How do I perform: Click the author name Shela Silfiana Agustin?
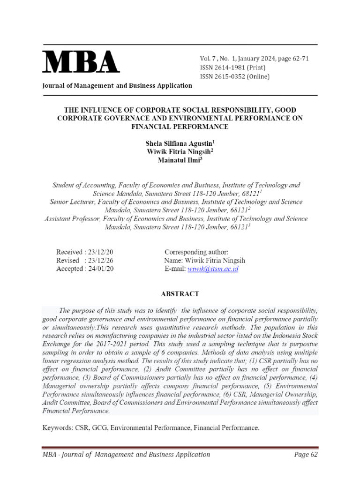[x=180, y=143]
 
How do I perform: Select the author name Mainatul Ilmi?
[x=180, y=160]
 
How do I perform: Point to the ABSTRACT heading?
[x=180, y=294]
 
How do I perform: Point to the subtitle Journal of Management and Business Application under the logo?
[x=117, y=85]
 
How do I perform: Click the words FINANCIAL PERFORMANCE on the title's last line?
[x=180, y=127]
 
